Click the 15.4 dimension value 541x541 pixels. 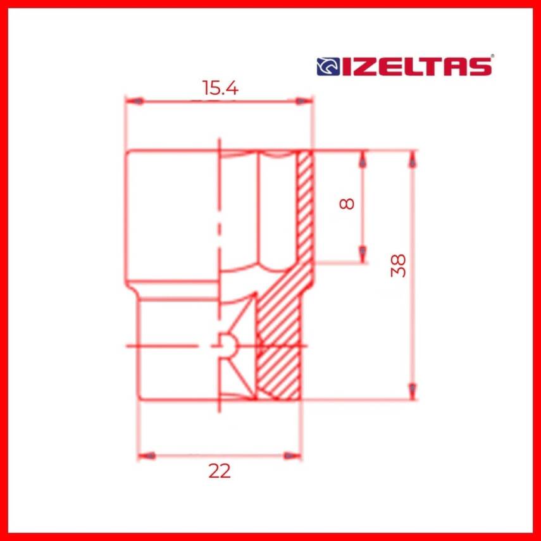click(x=220, y=88)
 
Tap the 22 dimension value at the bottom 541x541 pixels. click(x=220, y=471)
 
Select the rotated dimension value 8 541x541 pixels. click(x=347, y=204)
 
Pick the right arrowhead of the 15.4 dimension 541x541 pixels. click(x=304, y=101)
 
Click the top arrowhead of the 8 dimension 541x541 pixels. click(x=363, y=161)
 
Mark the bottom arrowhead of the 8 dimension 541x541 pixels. click(x=363, y=254)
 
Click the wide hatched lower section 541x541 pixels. click(x=278, y=354)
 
